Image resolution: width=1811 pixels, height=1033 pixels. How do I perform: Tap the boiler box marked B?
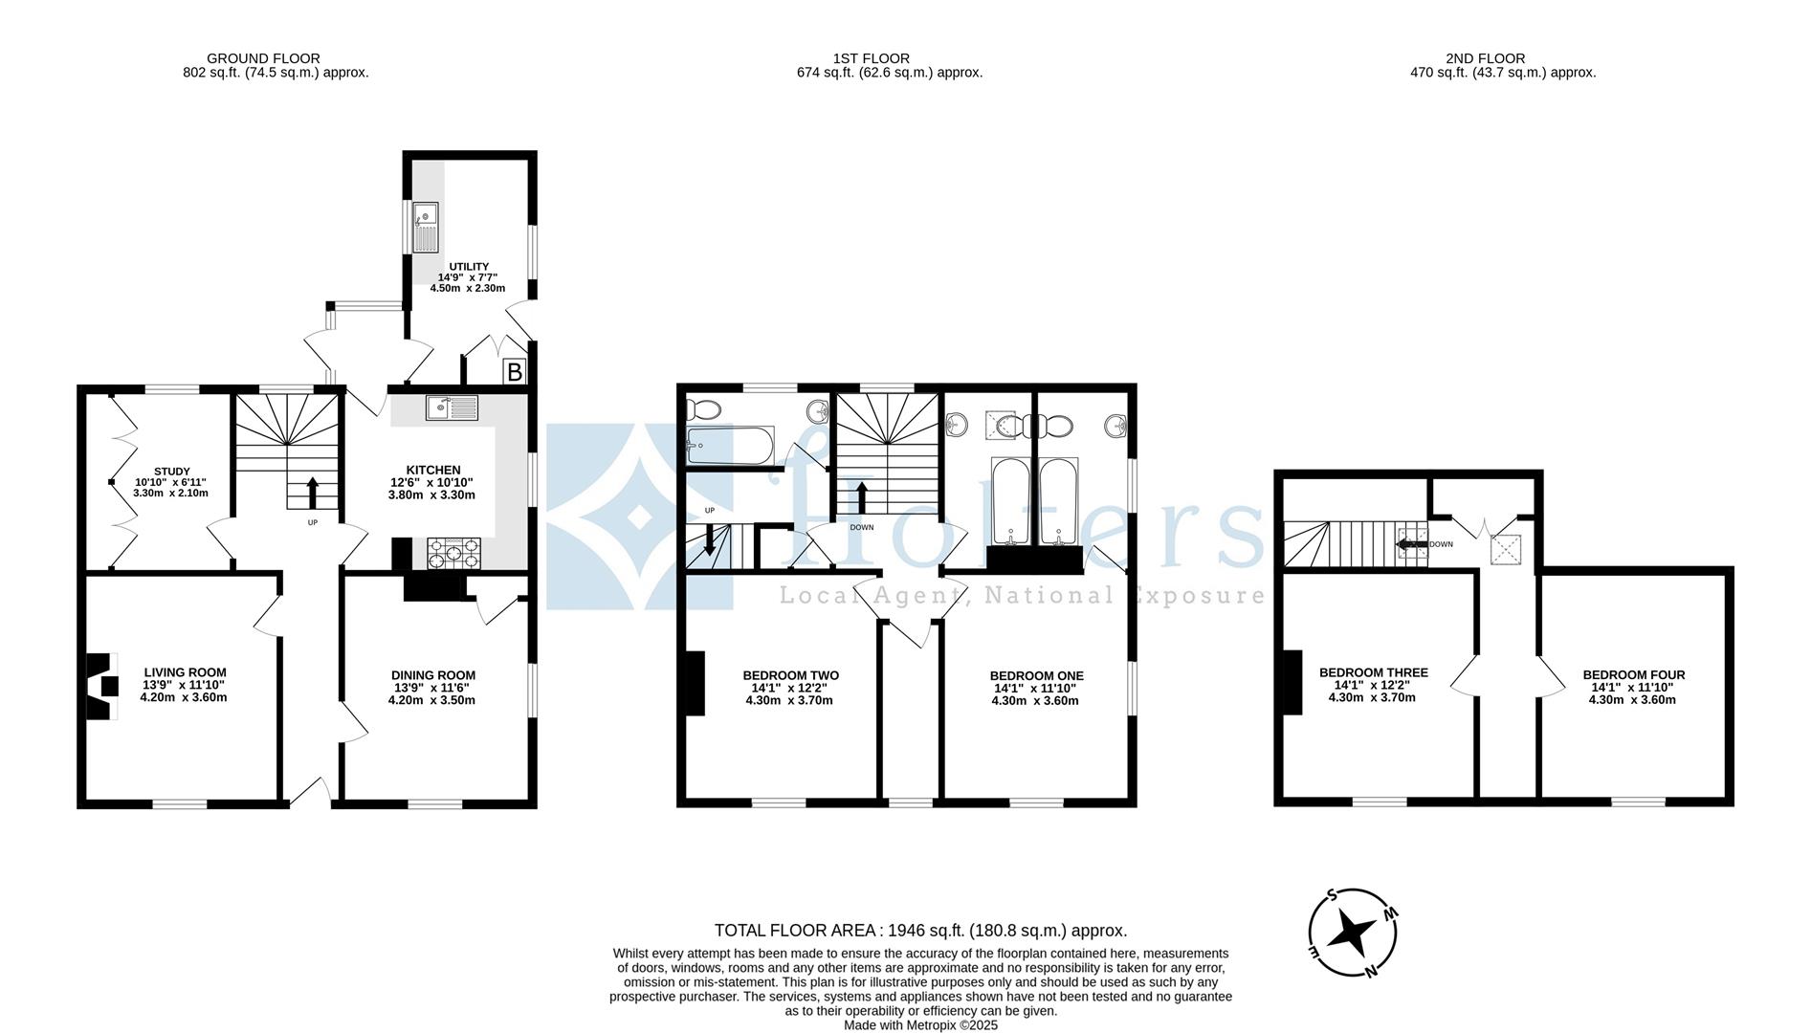[514, 372]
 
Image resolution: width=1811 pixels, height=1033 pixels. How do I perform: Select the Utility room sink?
[425, 228]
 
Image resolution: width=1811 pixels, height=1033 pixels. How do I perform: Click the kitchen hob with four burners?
[453, 553]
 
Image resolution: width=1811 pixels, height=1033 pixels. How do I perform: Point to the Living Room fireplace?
[101, 686]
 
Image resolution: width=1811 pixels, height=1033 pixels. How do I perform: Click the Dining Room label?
[432, 675]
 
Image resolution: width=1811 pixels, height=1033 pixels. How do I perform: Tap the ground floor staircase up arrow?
[312, 493]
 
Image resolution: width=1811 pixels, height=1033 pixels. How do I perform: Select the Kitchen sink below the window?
[452, 408]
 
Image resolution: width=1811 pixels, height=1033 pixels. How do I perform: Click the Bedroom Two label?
[790, 675]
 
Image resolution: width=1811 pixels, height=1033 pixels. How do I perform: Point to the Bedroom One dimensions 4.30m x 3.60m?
[1035, 700]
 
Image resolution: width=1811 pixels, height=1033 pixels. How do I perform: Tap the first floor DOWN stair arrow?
[862, 498]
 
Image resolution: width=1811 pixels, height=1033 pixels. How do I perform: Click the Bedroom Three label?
[1373, 672]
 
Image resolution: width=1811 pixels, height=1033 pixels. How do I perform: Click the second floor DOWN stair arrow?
[1410, 544]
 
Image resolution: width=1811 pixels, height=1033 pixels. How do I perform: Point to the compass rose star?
[1353, 932]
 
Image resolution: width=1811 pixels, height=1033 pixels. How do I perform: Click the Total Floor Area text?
[920, 930]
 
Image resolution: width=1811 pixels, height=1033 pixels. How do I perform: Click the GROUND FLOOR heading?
[263, 58]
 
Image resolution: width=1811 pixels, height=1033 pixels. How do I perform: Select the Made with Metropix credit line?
[920, 1024]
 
